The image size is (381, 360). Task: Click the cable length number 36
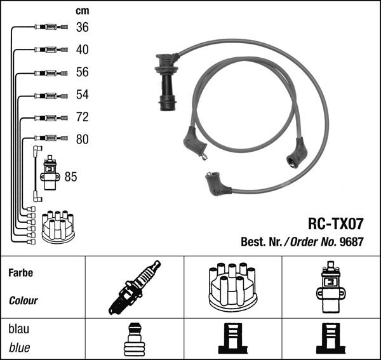click(82, 27)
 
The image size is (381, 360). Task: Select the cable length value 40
click(82, 50)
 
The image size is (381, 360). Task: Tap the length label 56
click(82, 72)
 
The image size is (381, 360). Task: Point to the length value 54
click(82, 95)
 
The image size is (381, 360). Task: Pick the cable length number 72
click(82, 117)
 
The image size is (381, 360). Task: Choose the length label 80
click(82, 139)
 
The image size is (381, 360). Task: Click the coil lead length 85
click(70, 177)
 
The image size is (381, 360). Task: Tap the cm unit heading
click(83, 11)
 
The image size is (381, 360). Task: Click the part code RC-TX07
click(335, 223)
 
